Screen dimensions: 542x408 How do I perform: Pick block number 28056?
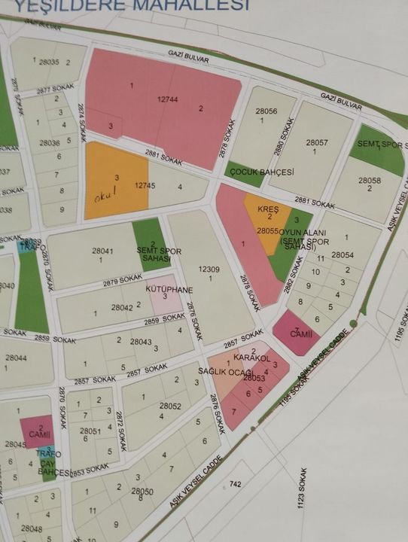(266, 111)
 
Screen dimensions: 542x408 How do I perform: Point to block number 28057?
(317, 142)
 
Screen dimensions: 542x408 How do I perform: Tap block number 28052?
(170, 406)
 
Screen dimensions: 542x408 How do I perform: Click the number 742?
(236, 484)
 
